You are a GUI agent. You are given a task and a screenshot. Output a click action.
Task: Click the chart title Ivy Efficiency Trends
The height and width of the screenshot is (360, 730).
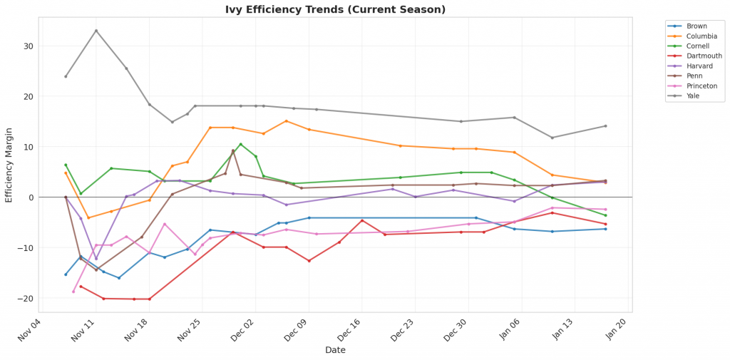coord(334,9)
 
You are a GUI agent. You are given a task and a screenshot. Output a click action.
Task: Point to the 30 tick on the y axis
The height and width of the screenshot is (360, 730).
coord(29,46)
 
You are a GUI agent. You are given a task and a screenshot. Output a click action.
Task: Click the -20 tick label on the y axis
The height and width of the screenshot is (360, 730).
coord(27,299)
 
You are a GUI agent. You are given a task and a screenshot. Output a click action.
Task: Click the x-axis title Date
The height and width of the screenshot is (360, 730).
coord(335,350)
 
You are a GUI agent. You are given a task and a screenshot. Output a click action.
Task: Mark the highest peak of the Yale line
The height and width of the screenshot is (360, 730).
coord(96,31)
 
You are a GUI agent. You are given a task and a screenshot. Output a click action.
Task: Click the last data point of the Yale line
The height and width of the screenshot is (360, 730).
coord(605,126)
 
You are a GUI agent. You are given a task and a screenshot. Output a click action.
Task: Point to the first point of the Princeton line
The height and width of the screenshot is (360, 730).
coord(73,292)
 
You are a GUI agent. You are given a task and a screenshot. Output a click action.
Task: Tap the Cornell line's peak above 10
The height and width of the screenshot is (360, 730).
coord(240,144)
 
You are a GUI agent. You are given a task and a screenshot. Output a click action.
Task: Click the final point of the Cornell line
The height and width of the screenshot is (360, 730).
coord(605,215)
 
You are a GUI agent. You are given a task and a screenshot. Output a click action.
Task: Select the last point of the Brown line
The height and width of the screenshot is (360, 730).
coord(605,229)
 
